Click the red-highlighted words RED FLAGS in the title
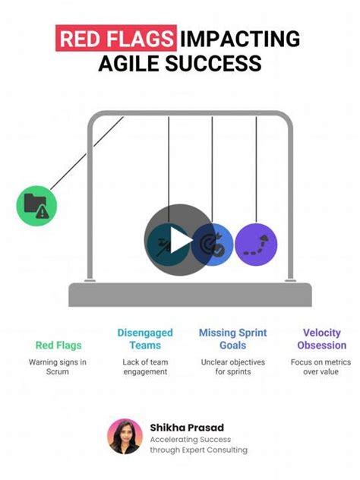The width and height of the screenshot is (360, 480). pyautogui.click(x=116, y=38)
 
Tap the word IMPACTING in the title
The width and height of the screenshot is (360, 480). pyautogui.click(x=240, y=39)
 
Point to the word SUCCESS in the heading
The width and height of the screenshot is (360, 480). pyautogui.click(x=213, y=63)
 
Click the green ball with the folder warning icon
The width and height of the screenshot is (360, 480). pyautogui.click(x=36, y=206)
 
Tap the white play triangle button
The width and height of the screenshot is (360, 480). pyautogui.click(x=181, y=240)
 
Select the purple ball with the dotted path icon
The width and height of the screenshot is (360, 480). pyautogui.click(x=256, y=245)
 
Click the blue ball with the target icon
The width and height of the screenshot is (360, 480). pyautogui.click(x=213, y=245)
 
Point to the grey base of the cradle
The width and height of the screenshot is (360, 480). pyautogui.click(x=190, y=295)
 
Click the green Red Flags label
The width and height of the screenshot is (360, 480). pyautogui.click(x=58, y=346)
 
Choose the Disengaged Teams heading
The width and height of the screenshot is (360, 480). pyautogui.click(x=145, y=339)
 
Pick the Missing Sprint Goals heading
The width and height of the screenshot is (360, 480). pyautogui.click(x=233, y=339)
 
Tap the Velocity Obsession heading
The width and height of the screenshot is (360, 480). pyautogui.click(x=322, y=339)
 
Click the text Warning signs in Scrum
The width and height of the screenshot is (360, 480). pyautogui.click(x=58, y=367)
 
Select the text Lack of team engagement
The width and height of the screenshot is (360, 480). pyautogui.click(x=145, y=367)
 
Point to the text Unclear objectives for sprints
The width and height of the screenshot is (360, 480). pyautogui.click(x=233, y=367)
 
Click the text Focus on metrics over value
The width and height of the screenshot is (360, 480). pyautogui.click(x=321, y=367)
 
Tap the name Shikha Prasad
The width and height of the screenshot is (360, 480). pyautogui.click(x=187, y=428)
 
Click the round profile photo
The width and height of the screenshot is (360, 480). pyautogui.click(x=125, y=437)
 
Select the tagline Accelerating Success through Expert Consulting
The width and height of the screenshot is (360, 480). pyautogui.click(x=199, y=445)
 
